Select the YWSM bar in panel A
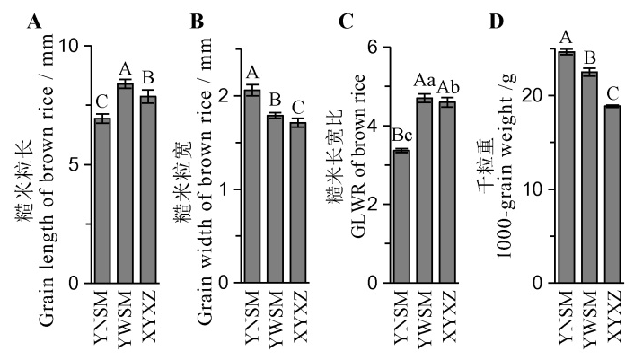click(x=126, y=183)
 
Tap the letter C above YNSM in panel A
click(x=103, y=103)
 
